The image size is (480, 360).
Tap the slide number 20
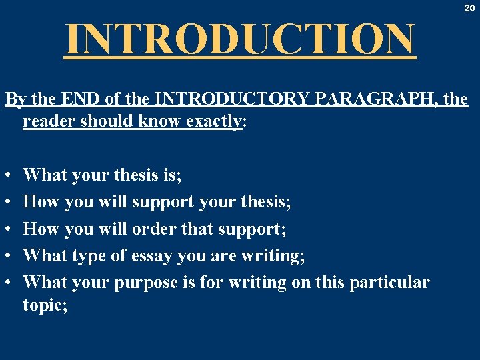470,9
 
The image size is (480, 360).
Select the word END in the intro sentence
78,100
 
